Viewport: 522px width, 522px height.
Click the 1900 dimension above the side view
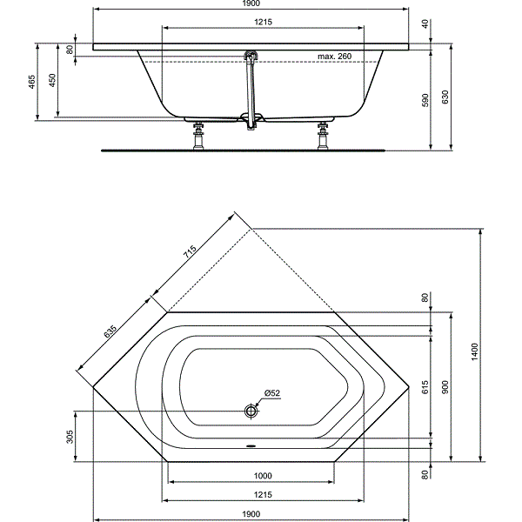[250, 4]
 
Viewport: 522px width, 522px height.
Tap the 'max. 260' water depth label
[334, 56]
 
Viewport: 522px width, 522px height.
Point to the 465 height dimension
[32, 82]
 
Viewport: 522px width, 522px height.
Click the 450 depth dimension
[52, 82]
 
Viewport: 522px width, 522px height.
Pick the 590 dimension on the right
[425, 101]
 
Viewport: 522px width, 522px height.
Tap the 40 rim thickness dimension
[425, 24]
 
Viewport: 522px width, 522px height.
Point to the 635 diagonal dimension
[111, 335]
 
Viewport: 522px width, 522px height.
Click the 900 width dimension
[445, 387]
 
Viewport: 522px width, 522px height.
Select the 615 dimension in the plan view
[425, 387]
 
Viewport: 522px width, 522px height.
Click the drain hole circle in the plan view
[251, 411]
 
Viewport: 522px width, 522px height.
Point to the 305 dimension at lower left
[70, 436]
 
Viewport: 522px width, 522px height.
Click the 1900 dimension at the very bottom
[251, 513]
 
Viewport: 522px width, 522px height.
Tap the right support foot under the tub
[325, 135]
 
